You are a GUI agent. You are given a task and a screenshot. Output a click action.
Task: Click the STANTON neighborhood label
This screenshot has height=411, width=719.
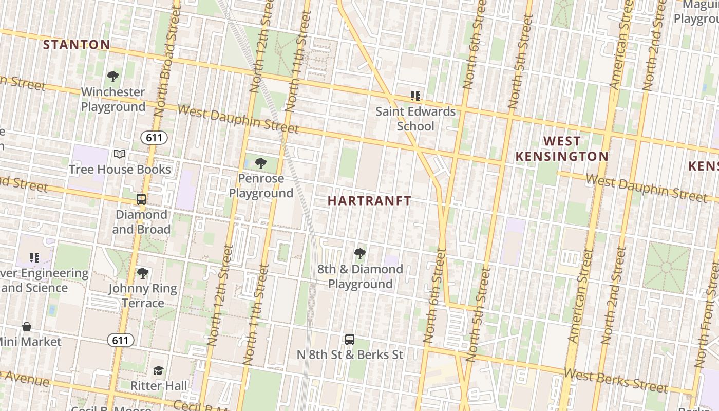pos(77,45)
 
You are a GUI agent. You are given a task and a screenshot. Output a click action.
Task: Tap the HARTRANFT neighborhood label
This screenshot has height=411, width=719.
pos(369,201)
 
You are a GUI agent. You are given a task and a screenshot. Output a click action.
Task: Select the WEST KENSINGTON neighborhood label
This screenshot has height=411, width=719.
pos(562,148)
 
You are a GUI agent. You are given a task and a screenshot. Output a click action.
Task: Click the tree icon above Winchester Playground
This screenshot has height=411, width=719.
pos(113,77)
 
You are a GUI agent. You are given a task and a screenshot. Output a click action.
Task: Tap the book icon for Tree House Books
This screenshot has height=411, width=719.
pos(120,154)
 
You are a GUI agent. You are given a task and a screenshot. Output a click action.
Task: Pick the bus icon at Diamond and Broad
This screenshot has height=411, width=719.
pos(141,199)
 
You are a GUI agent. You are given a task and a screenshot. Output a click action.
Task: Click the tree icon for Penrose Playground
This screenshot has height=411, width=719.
pos(261,163)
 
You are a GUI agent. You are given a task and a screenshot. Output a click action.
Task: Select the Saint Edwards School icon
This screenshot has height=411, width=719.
pos(415,96)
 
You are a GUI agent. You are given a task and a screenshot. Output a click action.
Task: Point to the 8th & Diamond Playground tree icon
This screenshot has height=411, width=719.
pos(360,253)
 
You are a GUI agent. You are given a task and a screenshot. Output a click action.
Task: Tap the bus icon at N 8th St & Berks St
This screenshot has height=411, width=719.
pos(350,340)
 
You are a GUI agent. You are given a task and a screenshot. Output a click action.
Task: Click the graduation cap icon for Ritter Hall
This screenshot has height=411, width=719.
pos(159,370)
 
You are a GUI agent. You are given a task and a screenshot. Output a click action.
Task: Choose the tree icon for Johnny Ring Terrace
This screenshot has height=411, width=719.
pos(143,273)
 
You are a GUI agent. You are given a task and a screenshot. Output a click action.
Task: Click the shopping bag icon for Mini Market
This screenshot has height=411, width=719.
pos(27,327)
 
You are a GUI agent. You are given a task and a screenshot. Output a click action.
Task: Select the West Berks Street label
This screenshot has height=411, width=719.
pos(616,380)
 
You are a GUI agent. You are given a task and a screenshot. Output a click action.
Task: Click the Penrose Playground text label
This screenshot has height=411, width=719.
pos(261,186)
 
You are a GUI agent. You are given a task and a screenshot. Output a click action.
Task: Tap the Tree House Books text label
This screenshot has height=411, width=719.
pos(120,169)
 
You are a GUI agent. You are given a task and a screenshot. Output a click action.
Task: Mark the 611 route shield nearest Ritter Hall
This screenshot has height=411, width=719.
pos(121,340)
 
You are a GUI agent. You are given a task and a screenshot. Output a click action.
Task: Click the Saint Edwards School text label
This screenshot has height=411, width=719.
pos(415,119)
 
